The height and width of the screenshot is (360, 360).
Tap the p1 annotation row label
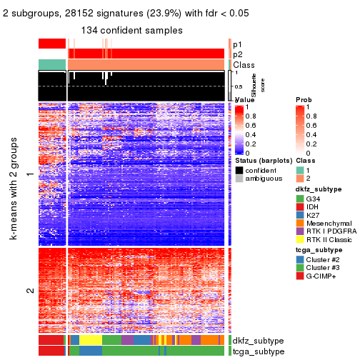[x=237, y=44]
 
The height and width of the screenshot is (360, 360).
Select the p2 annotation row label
[x=237, y=54]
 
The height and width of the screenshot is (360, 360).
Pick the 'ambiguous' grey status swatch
[x=239, y=179]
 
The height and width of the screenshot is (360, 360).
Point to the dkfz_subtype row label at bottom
[x=259, y=341]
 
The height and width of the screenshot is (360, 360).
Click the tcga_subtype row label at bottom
[x=257, y=351]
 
